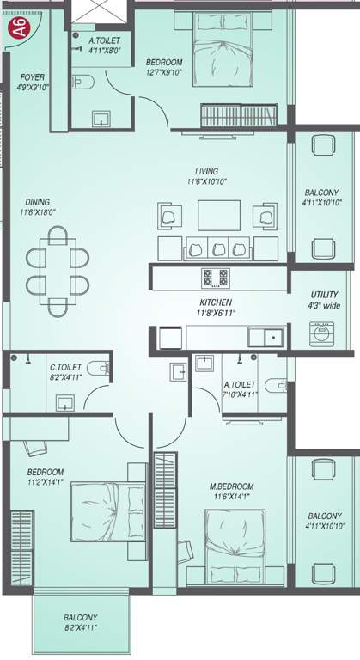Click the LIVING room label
coord(205,171)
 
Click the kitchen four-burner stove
coord(215,278)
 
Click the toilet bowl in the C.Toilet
coord(102,369)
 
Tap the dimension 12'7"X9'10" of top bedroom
coord(165,73)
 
